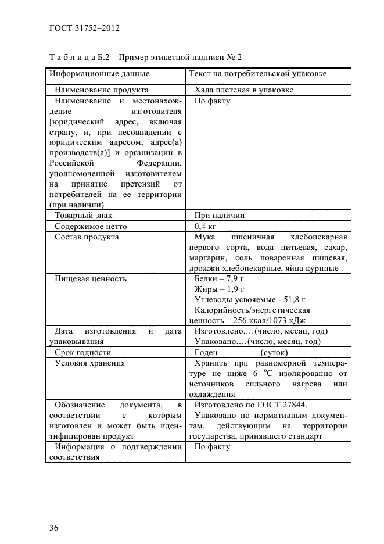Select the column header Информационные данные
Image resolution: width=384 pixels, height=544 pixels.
[x=99, y=74]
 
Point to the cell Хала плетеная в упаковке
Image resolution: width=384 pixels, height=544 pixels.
[x=243, y=90]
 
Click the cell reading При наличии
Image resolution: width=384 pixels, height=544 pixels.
[x=219, y=216]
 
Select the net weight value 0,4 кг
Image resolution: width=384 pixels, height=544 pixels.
[x=206, y=226]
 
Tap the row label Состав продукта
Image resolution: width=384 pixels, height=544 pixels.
[x=87, y=237]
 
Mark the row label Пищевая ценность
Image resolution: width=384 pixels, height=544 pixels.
[x=90, y=279]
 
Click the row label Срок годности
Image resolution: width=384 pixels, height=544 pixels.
[x=82, y=352]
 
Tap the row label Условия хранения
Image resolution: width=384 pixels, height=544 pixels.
[x=89, y=363]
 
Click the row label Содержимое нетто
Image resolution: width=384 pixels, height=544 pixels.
[x=90, y=226]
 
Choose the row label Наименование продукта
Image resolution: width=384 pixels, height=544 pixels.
[x=101, y=90]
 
